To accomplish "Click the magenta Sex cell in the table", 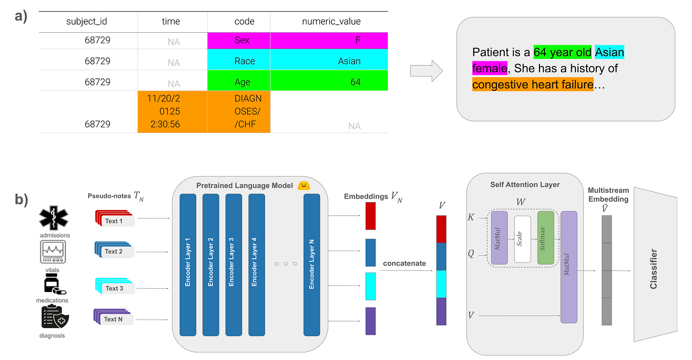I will (239, 40).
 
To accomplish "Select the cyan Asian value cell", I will (329, 61).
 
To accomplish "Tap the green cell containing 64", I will (329, 82).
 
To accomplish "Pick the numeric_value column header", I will (331, 21).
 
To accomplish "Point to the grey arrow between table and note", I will (426, 71).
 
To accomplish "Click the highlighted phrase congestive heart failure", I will (532, 85).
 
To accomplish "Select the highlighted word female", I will (490, 68).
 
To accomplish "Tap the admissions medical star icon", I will (53, 218).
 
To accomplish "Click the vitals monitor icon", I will (53, 252).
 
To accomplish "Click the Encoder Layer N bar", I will (311, 265).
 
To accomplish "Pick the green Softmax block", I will (546, 237).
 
